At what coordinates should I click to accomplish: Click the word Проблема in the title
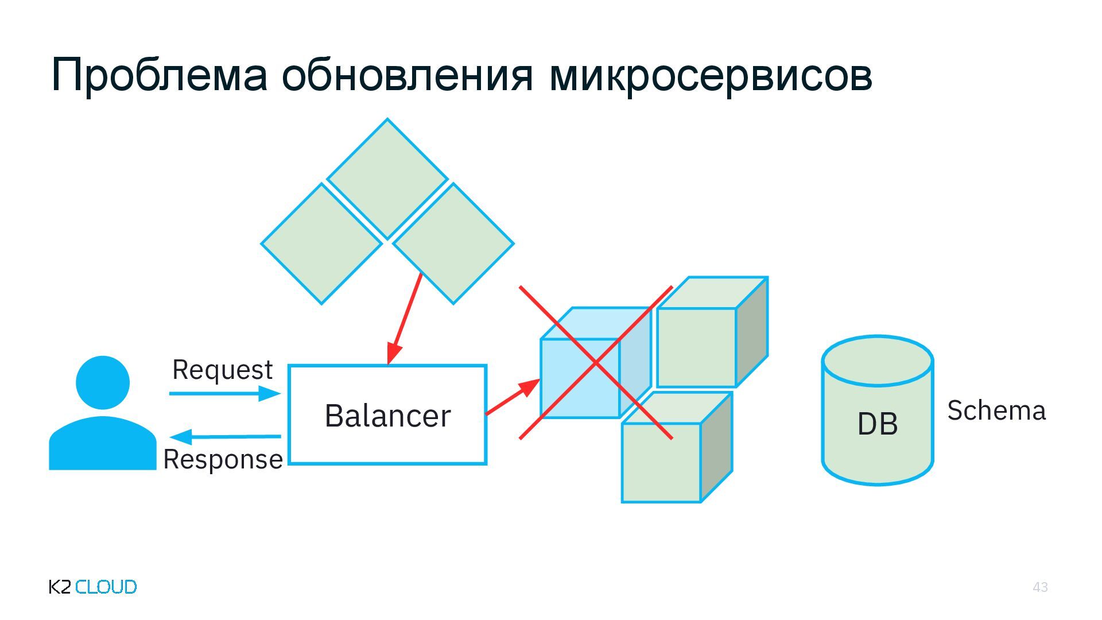[159, 75]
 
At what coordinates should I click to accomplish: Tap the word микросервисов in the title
[711, 75]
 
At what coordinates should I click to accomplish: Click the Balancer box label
[387, 416]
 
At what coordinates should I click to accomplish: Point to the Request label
[222, 370]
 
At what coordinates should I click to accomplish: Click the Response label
[223, 460]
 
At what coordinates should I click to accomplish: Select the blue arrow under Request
[224, 393]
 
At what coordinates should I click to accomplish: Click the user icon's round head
[103, 382]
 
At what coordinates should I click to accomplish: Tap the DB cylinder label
[877, 424]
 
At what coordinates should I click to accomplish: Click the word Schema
[996, 411]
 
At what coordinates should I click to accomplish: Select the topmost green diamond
[387, 179]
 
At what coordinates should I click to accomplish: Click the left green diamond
[321, 243]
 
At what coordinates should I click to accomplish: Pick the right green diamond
[453, 243]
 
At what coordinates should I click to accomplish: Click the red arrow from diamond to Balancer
[405, 319]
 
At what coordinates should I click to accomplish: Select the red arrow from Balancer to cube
[513, 397]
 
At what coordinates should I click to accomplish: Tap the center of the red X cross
[596, 363]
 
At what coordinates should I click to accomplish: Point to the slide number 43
[1040, 587]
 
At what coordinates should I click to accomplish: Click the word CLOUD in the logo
[106, 587]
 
